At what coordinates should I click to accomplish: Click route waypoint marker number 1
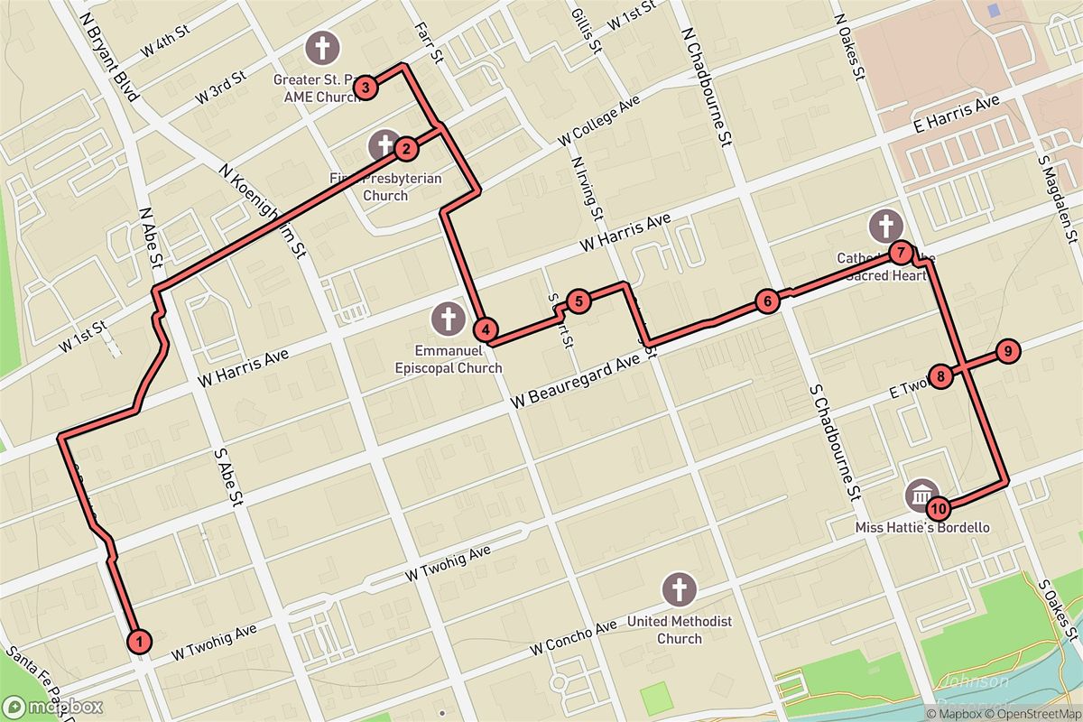tap(139, 641)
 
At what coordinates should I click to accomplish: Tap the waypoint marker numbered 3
tap(365, 88)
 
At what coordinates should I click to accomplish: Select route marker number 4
tap(486, 331)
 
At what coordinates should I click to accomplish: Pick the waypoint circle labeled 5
tap(579, 301)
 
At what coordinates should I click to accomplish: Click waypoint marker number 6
tap(766, 301)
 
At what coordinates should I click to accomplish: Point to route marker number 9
tap(1008, 351)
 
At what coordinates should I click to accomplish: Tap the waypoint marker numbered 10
tap(939, 508)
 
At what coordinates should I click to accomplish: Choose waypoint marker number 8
tap(940, 376)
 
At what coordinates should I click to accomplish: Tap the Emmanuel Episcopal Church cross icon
tap(447, 318)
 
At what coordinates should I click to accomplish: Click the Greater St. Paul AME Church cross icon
tap(322, 46)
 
